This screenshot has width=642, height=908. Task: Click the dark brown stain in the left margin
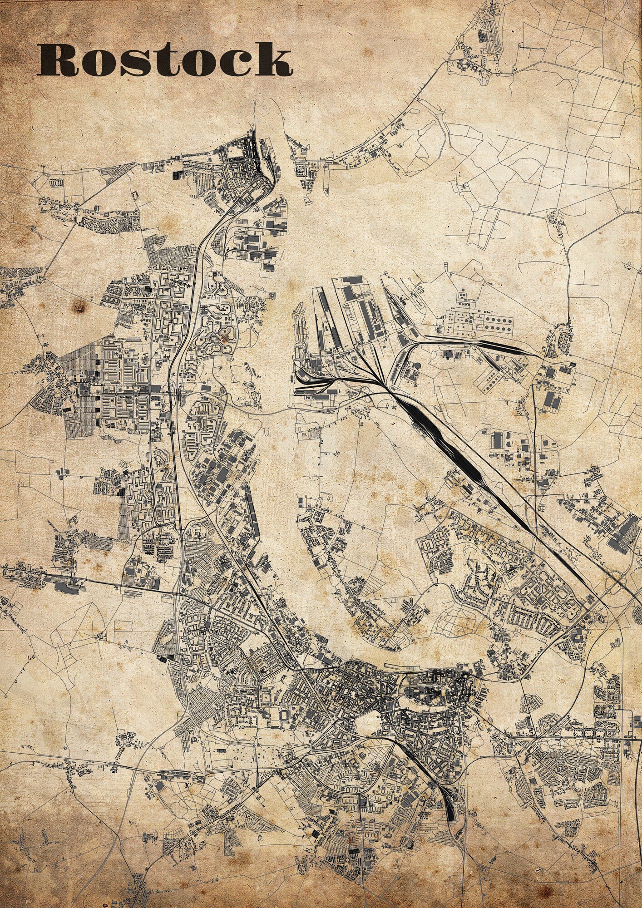pos(81,308)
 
